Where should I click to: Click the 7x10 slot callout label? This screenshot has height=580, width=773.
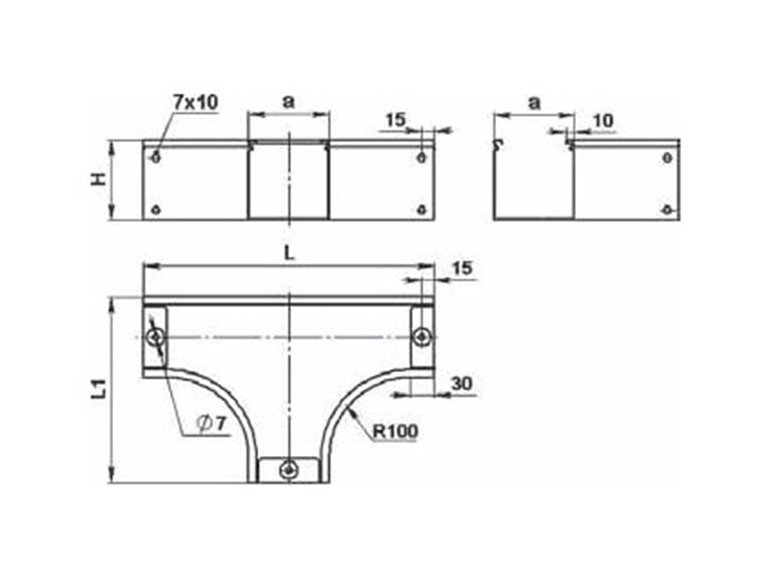(x=195, y=102)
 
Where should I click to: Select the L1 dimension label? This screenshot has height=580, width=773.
(x=100, y=388)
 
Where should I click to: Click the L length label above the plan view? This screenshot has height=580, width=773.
(x=289, y=253)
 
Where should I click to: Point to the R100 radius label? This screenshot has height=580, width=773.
(x=395, y=431)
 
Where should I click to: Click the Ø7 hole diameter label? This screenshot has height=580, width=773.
(x=210, y=422)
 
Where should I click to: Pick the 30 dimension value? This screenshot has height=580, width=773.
(x=462, y=383)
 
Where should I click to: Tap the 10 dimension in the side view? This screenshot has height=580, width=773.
(x=602, y=120)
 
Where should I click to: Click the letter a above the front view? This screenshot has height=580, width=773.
(x=288, y=101)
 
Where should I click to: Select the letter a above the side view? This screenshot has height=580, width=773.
(x=534, y=103)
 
